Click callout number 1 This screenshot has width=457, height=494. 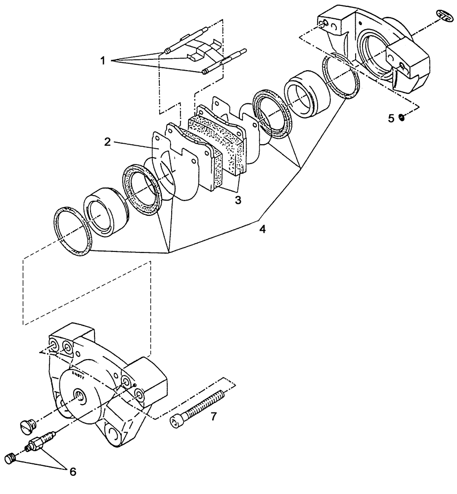102,61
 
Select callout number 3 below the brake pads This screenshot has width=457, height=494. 238,200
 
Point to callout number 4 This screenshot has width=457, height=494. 263,230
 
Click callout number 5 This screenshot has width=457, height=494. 391,118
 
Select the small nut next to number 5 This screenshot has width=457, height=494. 401,118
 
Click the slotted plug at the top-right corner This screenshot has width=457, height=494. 446,15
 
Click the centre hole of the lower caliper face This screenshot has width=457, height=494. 80,394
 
